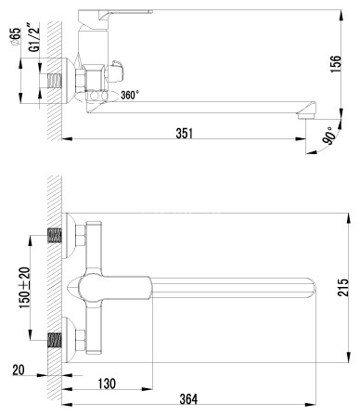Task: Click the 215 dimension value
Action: point(345,288)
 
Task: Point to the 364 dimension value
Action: point(187,399)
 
